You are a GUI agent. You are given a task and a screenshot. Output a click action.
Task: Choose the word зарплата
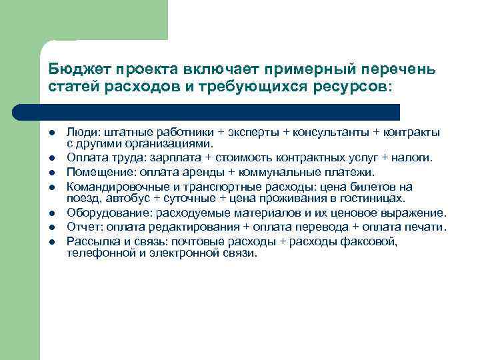click(x=182, y=158)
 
